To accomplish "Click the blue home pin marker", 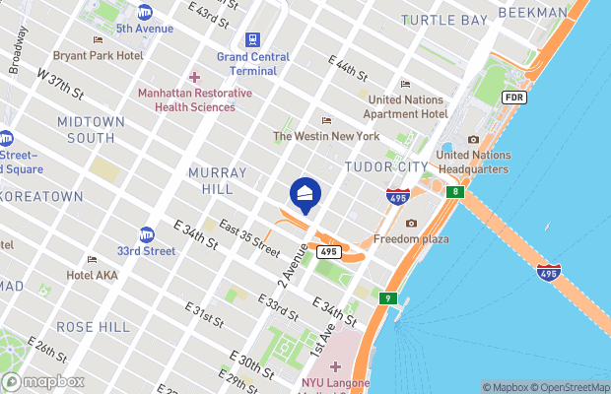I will point(305,195).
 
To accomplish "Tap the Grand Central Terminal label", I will point(253,64).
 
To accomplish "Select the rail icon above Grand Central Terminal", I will point(253,40).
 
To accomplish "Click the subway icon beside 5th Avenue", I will point(145,12).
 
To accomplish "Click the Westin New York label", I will point(325,136).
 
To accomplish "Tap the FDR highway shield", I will point(513,98).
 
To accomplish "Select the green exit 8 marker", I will point(456,191).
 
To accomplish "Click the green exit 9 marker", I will point(389,297).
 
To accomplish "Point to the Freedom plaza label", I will point(411,239).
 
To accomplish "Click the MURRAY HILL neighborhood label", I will point(210,180).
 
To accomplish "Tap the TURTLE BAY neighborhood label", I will point(444,20).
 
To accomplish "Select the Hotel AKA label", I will point(92,275).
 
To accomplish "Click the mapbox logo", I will point(41,381).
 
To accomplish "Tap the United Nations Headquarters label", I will point(472,162).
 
